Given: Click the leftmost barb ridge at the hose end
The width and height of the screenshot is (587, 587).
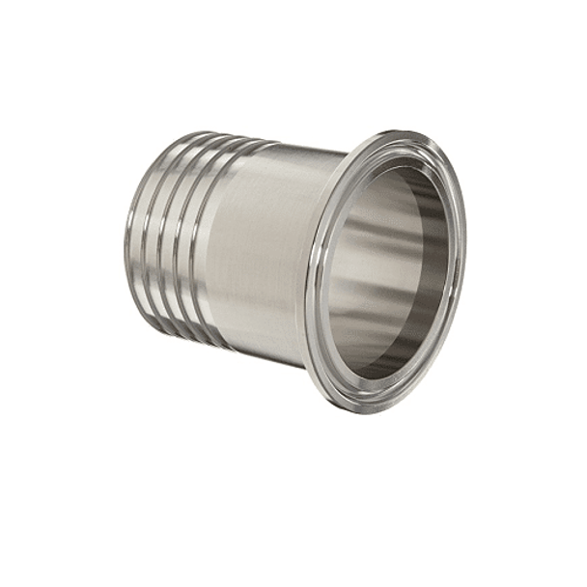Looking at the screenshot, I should pos(135,237).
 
